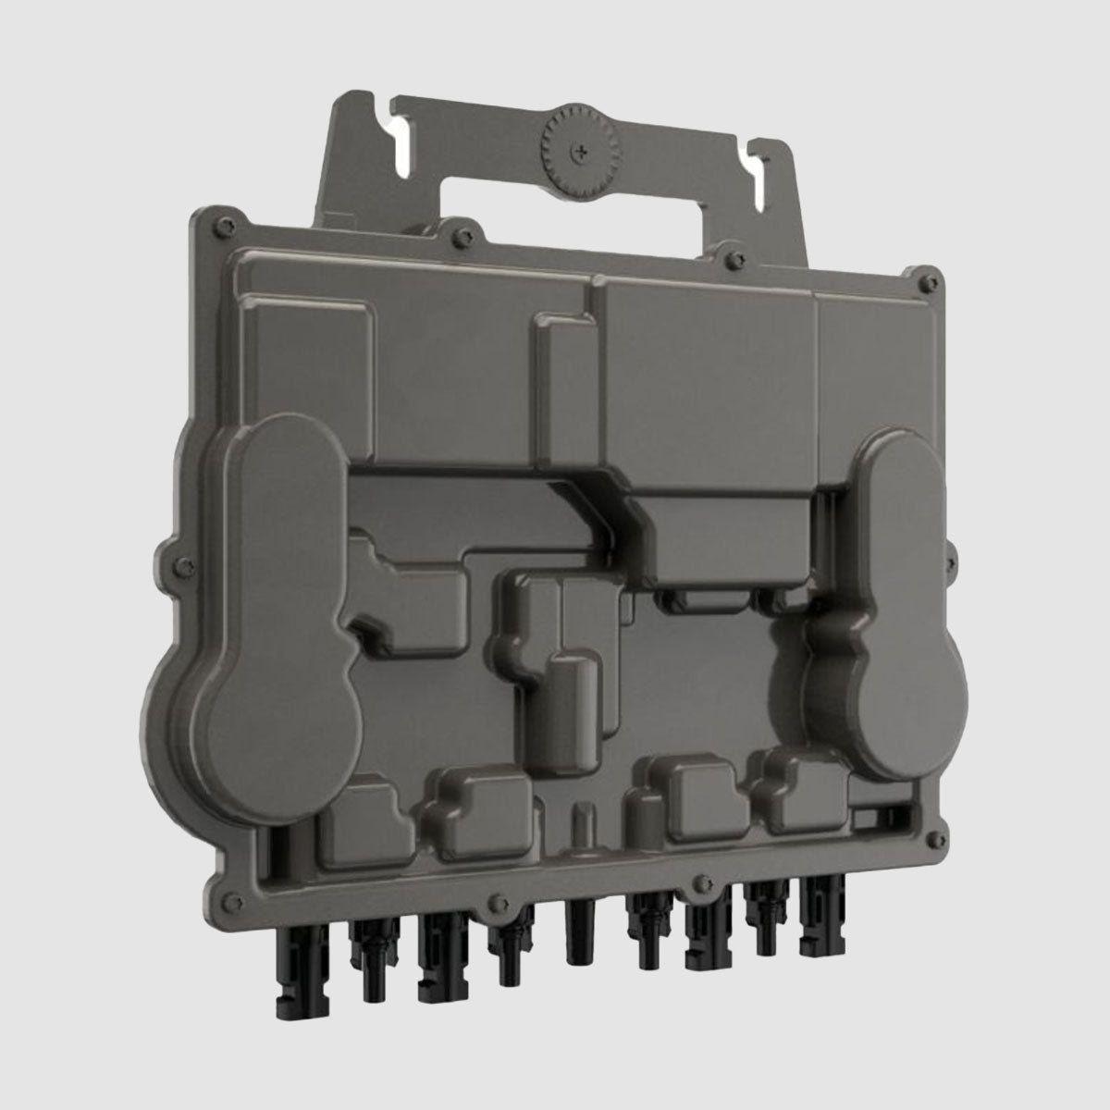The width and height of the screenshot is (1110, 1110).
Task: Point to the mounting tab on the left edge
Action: point(167,560)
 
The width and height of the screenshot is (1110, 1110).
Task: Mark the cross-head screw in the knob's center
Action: point(580,148)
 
